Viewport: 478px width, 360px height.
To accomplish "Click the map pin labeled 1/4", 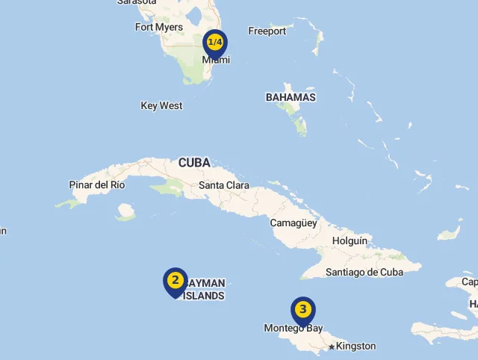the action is (215, 43).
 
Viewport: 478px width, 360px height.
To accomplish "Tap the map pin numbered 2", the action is (175, 281).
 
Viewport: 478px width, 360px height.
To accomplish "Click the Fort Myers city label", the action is (158, 28).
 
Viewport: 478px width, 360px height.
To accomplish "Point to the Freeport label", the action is (267, 31).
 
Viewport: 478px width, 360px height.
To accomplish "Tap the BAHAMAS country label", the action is (291, 97).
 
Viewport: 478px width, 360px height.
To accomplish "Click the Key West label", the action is (161, 106).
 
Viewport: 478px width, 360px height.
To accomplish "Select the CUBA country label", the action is (194, 162).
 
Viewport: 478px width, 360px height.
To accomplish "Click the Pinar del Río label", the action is (97, 184).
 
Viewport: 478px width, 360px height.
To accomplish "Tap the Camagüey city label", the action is (294, 223).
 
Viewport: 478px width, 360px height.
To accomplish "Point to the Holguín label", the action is (350, 241).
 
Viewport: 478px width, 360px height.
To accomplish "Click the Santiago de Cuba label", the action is (364, 273).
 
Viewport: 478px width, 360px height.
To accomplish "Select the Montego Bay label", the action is (293, 329).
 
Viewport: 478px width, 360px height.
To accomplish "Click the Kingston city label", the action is (356, 347).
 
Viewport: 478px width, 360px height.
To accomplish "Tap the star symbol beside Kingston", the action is (332, 347).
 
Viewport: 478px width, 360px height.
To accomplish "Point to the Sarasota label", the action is (137, 2).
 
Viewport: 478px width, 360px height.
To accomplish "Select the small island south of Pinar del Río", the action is (125, 213).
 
